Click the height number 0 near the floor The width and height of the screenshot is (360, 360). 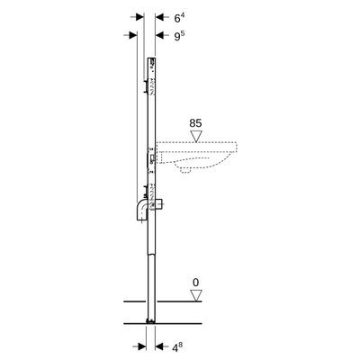tap(196, 282)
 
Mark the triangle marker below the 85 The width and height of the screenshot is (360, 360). tap(196, 136)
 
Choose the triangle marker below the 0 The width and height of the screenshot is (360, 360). tap(196, 295)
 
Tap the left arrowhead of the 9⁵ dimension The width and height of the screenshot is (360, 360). tap(131, 35)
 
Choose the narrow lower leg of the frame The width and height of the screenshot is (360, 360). tap(151, 279)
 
